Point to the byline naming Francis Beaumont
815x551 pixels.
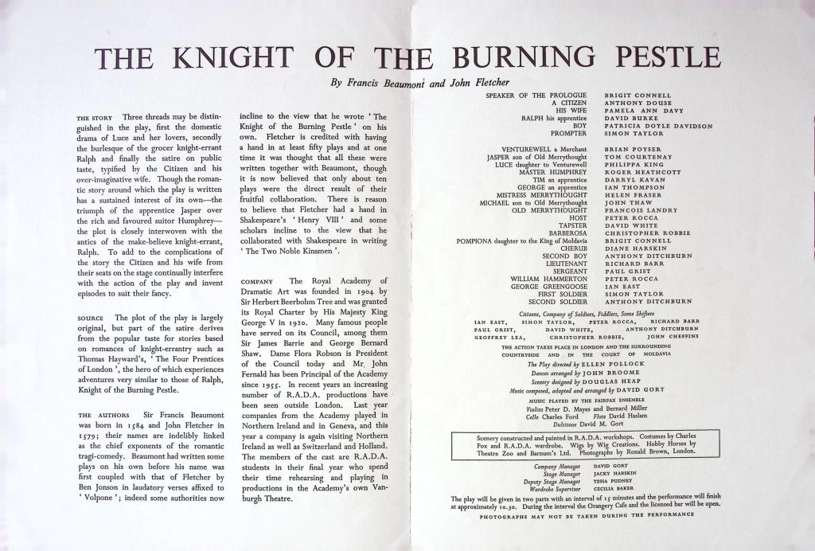[419, 82]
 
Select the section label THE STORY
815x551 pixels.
[95, 119]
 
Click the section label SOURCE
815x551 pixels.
[90, 318]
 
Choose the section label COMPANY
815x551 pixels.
[256, 281]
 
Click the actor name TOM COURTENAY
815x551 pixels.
[638, 157]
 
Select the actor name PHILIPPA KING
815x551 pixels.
[633, 164]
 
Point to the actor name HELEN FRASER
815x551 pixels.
[634, 195]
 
